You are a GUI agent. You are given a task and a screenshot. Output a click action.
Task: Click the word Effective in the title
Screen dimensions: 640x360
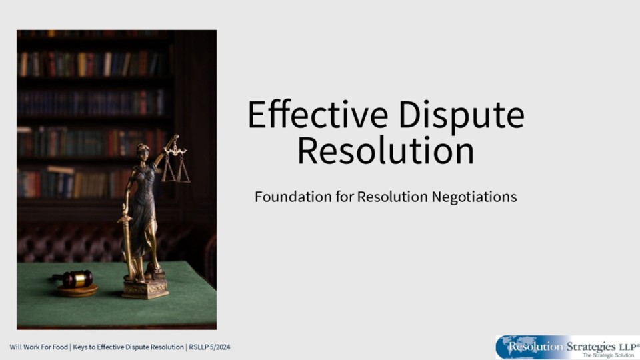coord(318,115)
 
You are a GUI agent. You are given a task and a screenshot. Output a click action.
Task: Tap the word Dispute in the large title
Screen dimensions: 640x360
coord(461,116)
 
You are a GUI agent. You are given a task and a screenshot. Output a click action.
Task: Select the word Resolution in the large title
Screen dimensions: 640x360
coord(386,151)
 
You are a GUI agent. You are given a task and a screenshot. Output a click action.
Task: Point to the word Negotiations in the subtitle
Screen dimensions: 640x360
coord(474,197)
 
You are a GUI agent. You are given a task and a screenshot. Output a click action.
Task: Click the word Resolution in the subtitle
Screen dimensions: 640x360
coord(393,197)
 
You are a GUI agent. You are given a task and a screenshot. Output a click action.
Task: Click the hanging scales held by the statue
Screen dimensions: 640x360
coord(176,161)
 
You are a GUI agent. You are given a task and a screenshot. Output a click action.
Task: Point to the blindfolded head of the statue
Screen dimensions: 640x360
coord(143,150)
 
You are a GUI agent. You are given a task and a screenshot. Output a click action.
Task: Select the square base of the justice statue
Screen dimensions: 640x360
coord(145,289)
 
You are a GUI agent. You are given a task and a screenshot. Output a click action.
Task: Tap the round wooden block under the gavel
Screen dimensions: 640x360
coord(77,291)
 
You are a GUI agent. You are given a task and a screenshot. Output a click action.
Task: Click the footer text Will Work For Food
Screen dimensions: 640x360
coord(39,347)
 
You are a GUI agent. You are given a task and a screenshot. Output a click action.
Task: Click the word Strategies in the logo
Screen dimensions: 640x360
coord(591,347)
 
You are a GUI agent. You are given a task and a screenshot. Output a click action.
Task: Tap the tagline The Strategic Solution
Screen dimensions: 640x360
coord(608,355)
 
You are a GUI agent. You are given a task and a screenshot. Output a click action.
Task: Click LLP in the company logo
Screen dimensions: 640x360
coord(627,346)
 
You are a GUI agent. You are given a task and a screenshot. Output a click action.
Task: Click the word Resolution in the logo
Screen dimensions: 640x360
coord(535,347)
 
